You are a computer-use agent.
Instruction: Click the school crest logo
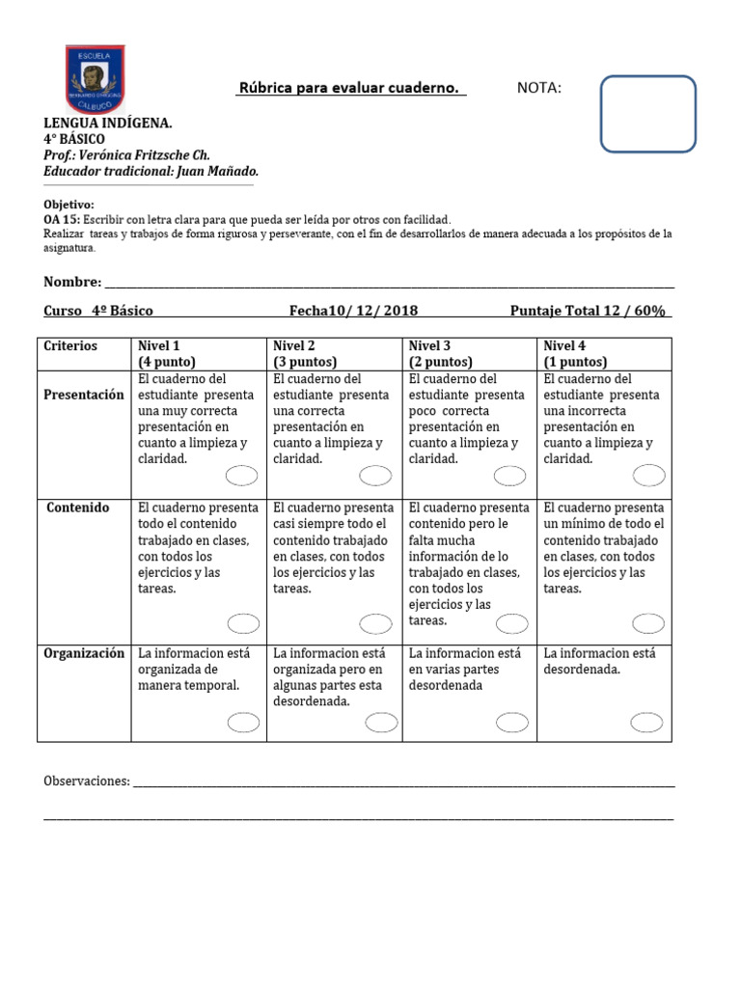[x=94, y=77]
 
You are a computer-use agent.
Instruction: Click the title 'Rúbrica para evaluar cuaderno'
[x=349, y=89]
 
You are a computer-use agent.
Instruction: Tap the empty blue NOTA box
[x=647, y=114]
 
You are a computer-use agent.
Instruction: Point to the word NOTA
[x=538, y=89]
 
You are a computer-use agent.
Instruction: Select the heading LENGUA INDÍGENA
[x=108, y=123]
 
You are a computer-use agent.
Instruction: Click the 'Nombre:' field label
[x=72, y=282]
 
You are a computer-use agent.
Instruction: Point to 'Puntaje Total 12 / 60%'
[x=589, y=311]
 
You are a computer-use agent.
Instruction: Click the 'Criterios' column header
[x=70, y=346]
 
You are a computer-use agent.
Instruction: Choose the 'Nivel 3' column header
[x=429, y=346]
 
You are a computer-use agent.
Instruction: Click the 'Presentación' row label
[x=84, y=395]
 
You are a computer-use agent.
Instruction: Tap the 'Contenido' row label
[x=78, y=508]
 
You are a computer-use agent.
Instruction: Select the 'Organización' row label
[x=84, y=653]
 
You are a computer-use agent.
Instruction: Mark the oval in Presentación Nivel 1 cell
[x=241, y=475]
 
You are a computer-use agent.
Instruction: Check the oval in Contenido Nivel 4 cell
[x=647, y=623]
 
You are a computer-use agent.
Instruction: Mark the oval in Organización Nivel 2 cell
[x=381, y=722]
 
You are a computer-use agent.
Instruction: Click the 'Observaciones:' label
[x=87, y=781]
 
